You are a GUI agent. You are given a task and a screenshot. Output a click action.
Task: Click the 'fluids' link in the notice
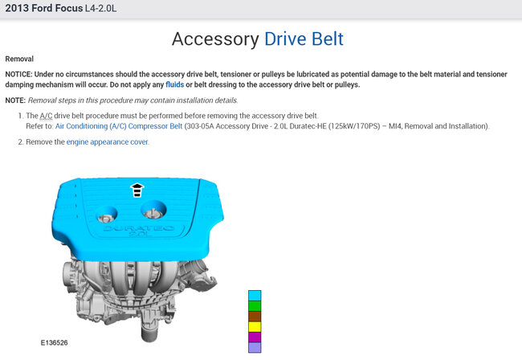(174, 84)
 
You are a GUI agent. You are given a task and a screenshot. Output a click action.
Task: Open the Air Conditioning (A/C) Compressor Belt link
(119, 126)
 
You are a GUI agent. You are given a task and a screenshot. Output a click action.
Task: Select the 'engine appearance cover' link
(107, 142)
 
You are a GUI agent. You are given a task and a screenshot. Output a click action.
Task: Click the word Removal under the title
(19, 59)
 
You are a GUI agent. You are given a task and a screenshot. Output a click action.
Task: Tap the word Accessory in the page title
(215, 39)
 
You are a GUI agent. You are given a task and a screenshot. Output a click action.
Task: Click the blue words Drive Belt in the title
(304, 39)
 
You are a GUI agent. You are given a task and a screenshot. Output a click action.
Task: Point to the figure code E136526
(55, 342)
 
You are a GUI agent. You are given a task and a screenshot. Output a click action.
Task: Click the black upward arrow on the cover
(137, 190)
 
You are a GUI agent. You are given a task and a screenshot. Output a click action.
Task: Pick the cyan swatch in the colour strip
(255, 296)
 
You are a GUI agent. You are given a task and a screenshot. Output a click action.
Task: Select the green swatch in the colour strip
(255, 305)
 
